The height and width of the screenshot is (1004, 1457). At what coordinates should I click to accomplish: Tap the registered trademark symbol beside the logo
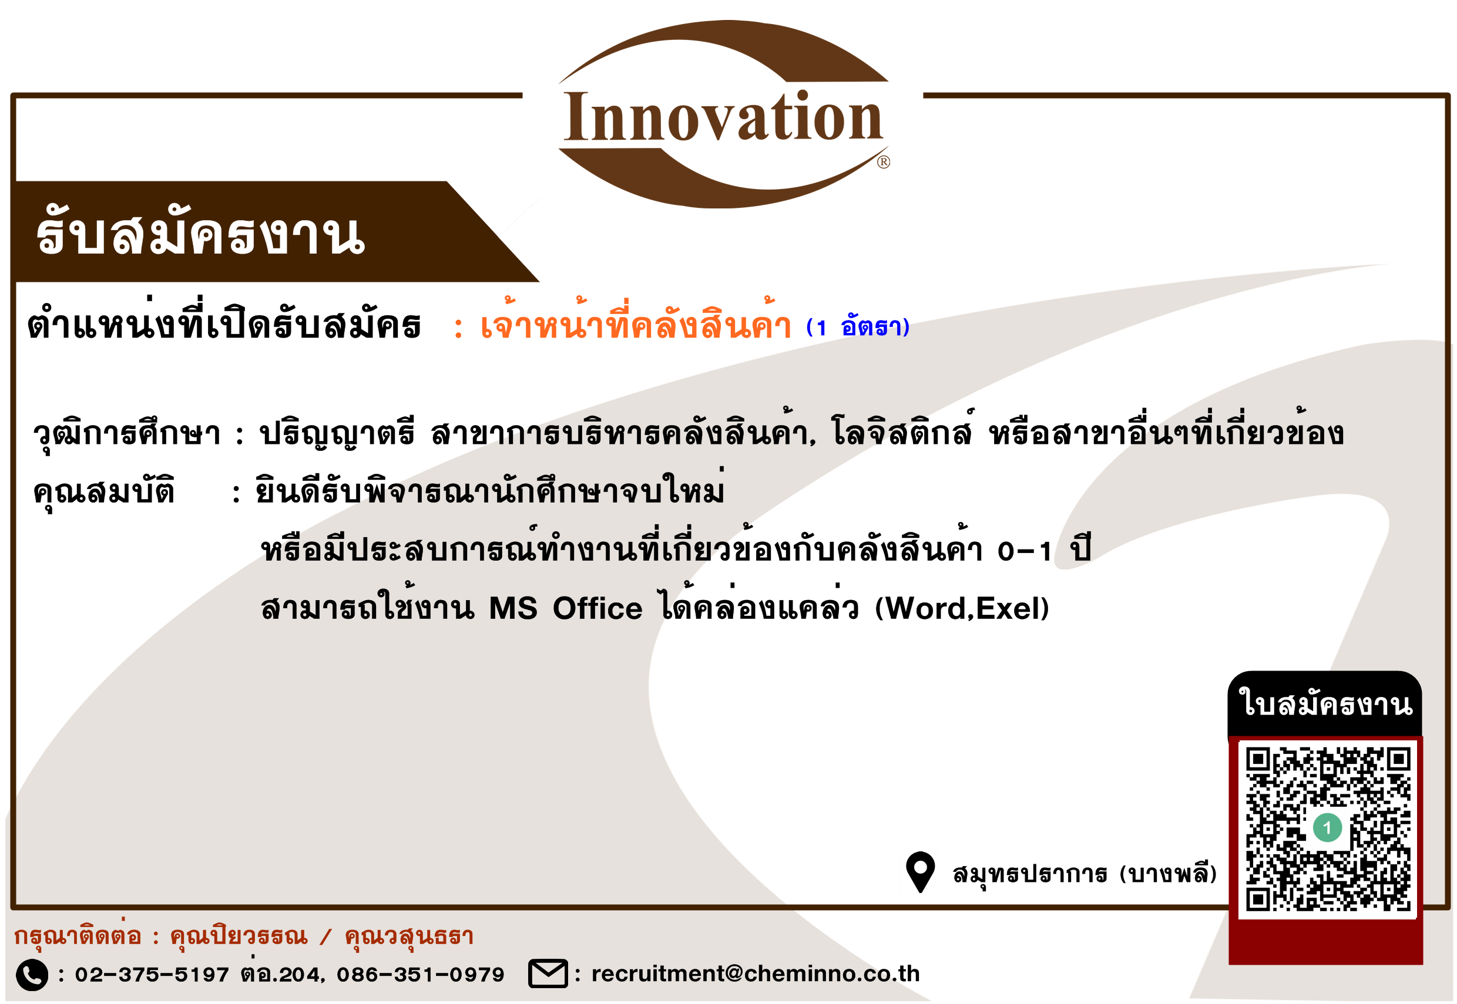coord(884,162)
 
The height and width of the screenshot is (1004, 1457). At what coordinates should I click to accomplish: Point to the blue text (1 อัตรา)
coord(858,326)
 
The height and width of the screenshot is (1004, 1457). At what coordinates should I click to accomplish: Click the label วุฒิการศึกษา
coord(126,433)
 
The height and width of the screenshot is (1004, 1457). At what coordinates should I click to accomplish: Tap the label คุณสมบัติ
coord(103,491)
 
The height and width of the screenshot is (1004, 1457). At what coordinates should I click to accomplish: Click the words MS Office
coord(566,608)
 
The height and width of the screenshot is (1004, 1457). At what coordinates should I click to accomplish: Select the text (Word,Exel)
coord(962,608)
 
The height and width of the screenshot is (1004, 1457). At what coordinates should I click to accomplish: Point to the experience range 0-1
coord(1025,551)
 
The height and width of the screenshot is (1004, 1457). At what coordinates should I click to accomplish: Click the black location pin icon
coord(920,872)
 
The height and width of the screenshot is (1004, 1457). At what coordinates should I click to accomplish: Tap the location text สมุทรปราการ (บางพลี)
coord(1085,873)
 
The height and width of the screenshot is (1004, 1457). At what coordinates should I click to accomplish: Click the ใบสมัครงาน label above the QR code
coord(1325,703)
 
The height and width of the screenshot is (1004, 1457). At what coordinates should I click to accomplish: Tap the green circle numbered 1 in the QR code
coord(1327,828)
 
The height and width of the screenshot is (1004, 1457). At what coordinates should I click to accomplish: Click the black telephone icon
coord(32,975)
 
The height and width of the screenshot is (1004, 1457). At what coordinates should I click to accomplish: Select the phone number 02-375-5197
coord(152,975)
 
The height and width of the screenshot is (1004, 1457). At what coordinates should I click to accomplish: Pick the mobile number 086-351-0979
coord(421,975)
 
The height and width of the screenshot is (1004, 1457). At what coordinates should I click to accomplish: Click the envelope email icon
coord(548,973)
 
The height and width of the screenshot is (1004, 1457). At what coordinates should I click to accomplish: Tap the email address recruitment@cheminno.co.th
coord(756,974)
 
